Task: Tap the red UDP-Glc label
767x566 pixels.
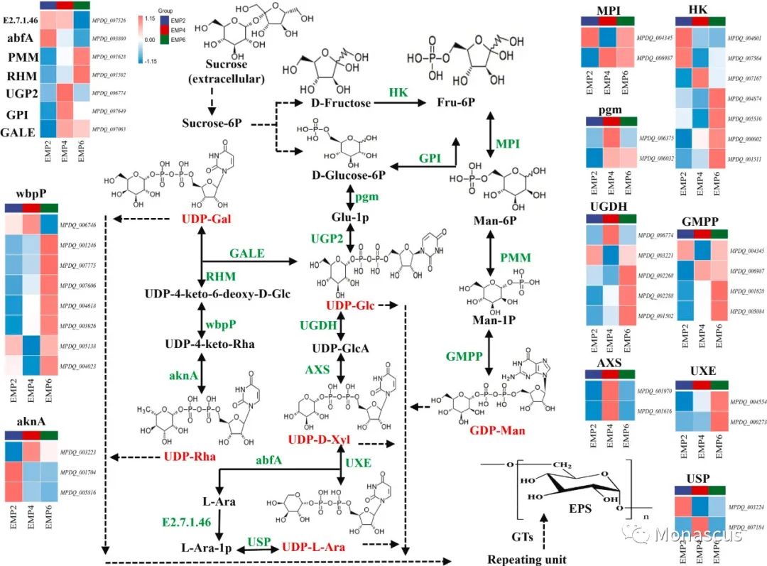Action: click(350, 305)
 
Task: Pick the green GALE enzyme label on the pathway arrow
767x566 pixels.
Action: click(248, 254)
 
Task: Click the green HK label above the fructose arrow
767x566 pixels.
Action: click(397, 92)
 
